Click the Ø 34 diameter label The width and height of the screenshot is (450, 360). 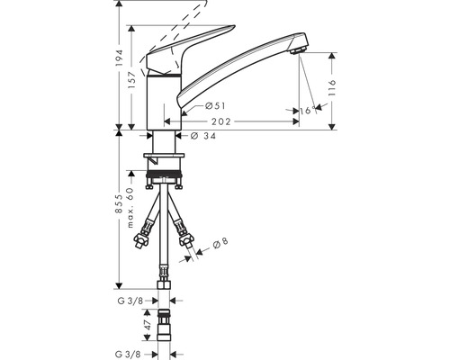click(x=203, y=137)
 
